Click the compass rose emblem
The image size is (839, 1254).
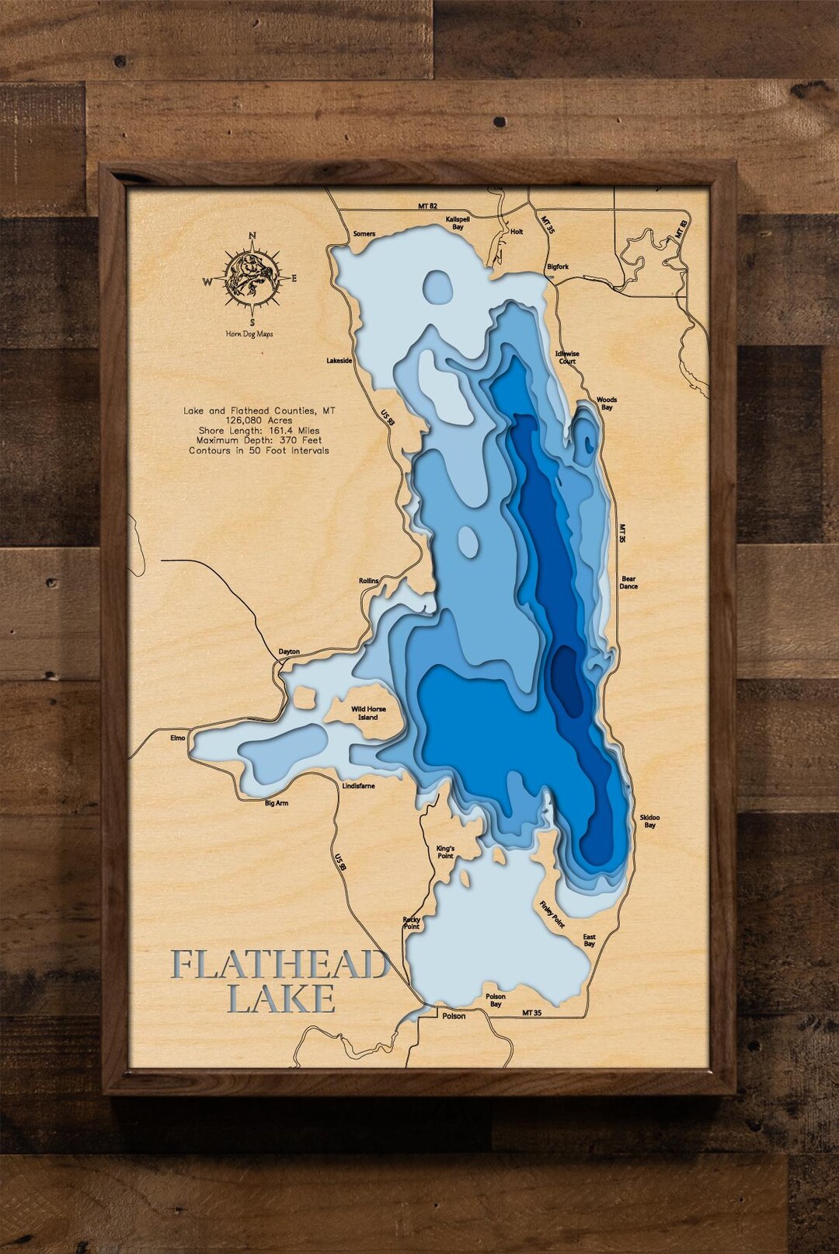point(252,278)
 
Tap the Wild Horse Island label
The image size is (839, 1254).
point(368,713)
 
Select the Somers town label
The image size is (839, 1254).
point(364,234)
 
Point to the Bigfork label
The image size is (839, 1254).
point(558,267)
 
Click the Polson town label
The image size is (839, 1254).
point(454,1016)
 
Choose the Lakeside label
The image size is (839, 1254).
point(339,361)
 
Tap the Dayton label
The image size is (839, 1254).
point(289,651)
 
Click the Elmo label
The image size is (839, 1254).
point(178,738)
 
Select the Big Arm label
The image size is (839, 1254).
point(277,803)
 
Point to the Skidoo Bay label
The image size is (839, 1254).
point(649,821)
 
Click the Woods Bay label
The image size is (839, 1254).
point(607,403)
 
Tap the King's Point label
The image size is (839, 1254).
point(445,852)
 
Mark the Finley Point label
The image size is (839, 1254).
point(552,914)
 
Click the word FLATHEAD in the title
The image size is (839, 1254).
point(280,965)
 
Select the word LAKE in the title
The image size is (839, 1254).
point(281,999)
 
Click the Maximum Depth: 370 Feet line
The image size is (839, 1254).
point(259,440)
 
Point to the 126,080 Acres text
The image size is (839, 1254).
point(259,420)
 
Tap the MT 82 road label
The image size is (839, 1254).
point(427,206)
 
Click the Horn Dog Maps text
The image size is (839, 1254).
point(249,334)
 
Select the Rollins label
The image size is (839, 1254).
point(369,581)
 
